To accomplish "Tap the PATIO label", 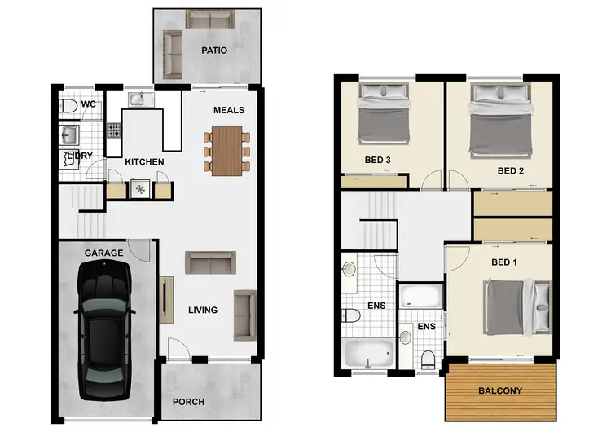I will click(214, 51).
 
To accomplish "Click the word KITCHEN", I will click(144, 162).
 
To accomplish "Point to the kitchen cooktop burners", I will click(113, 130).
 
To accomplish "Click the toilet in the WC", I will click(68, 106).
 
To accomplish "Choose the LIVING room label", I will click(203, 310).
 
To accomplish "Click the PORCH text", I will click(189, 402).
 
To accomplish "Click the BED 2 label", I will click(510, 170).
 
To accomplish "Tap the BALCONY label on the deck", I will click(499, 391).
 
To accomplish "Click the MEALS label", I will click(229, 110).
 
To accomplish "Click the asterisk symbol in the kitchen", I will click(139, 190).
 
